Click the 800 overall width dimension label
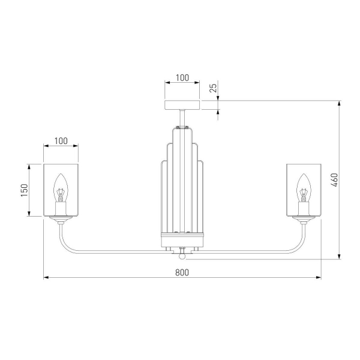tap(182, 272)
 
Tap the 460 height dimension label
tap(335, 180)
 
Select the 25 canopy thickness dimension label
tap(213, 88)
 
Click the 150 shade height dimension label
tap(25, 190)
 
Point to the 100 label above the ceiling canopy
tap(182, 78)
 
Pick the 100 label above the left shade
tap(61, 141)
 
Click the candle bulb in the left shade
tap(61, 188)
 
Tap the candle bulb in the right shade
tap(304, 188)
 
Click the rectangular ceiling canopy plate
tap(182, 104)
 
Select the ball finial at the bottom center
tap(182, 256)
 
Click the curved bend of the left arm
tap(65, 245)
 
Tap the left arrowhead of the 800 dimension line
tap(46, 277)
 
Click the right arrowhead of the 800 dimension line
tap(319, 277)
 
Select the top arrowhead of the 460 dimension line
tap(340, 103)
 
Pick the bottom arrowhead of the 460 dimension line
tap(340, 256)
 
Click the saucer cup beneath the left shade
tap(61, 218)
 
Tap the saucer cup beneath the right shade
tap(304, 218)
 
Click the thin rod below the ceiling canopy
tap(182, 118)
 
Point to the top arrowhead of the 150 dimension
tap(29, 167)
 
